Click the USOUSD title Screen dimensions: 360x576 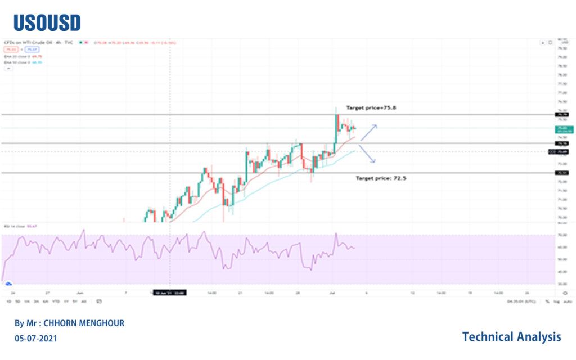47,22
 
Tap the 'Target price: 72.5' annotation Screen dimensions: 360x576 378,178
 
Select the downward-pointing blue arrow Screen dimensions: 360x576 367,154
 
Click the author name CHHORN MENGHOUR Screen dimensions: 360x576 69,323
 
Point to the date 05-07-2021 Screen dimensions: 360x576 35,339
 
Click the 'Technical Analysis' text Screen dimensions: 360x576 511,337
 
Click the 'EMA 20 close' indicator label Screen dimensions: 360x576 17,56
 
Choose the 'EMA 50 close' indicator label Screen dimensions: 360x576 17,62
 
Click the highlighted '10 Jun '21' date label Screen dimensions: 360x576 169,292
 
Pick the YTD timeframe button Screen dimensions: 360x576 56,301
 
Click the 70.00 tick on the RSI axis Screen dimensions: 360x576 562,235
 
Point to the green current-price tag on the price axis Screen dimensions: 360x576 562,129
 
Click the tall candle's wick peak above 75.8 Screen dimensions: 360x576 336,106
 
